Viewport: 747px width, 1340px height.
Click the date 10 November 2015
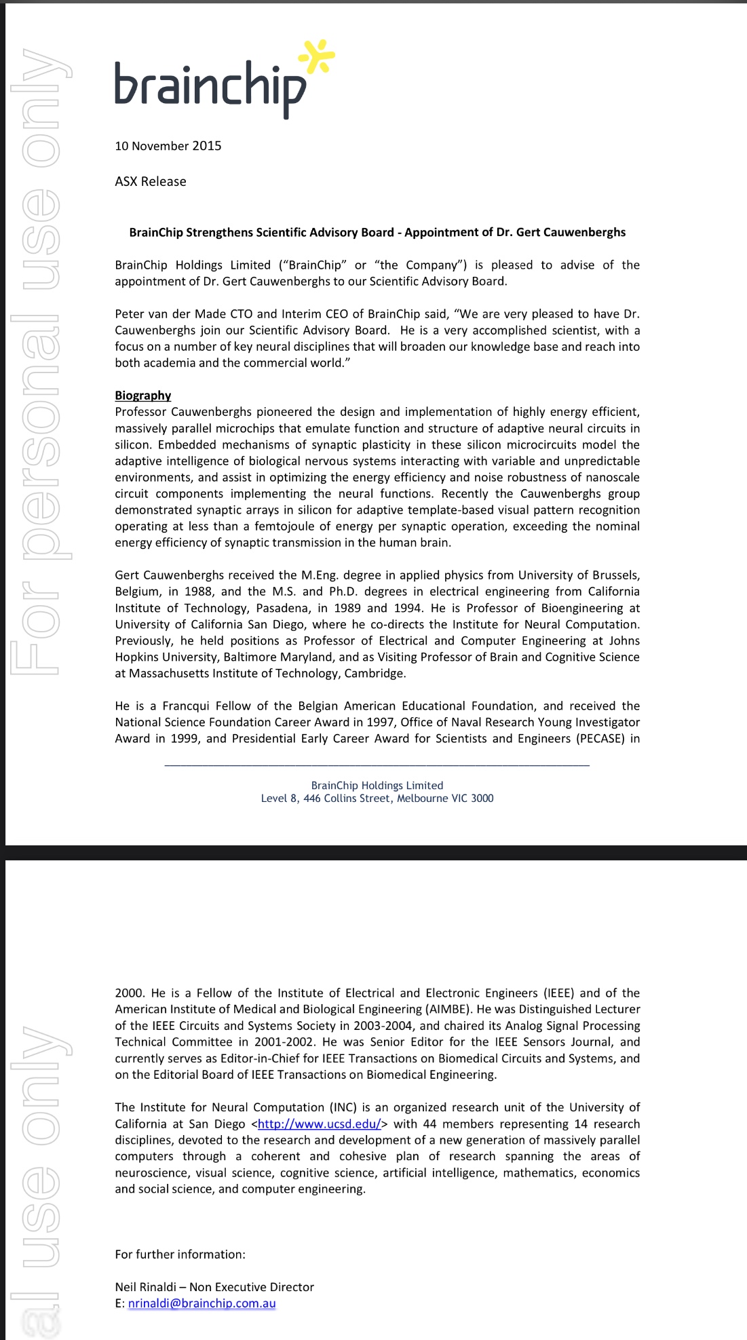168,146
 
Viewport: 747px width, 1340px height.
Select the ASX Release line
151,181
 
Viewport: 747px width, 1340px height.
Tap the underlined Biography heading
142,395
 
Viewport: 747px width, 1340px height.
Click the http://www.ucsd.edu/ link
319,1124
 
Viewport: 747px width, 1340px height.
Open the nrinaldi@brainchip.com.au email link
202,1303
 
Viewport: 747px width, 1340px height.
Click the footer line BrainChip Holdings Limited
377,785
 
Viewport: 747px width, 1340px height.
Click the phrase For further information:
180,1254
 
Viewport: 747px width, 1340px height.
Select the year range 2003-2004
381,1025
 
